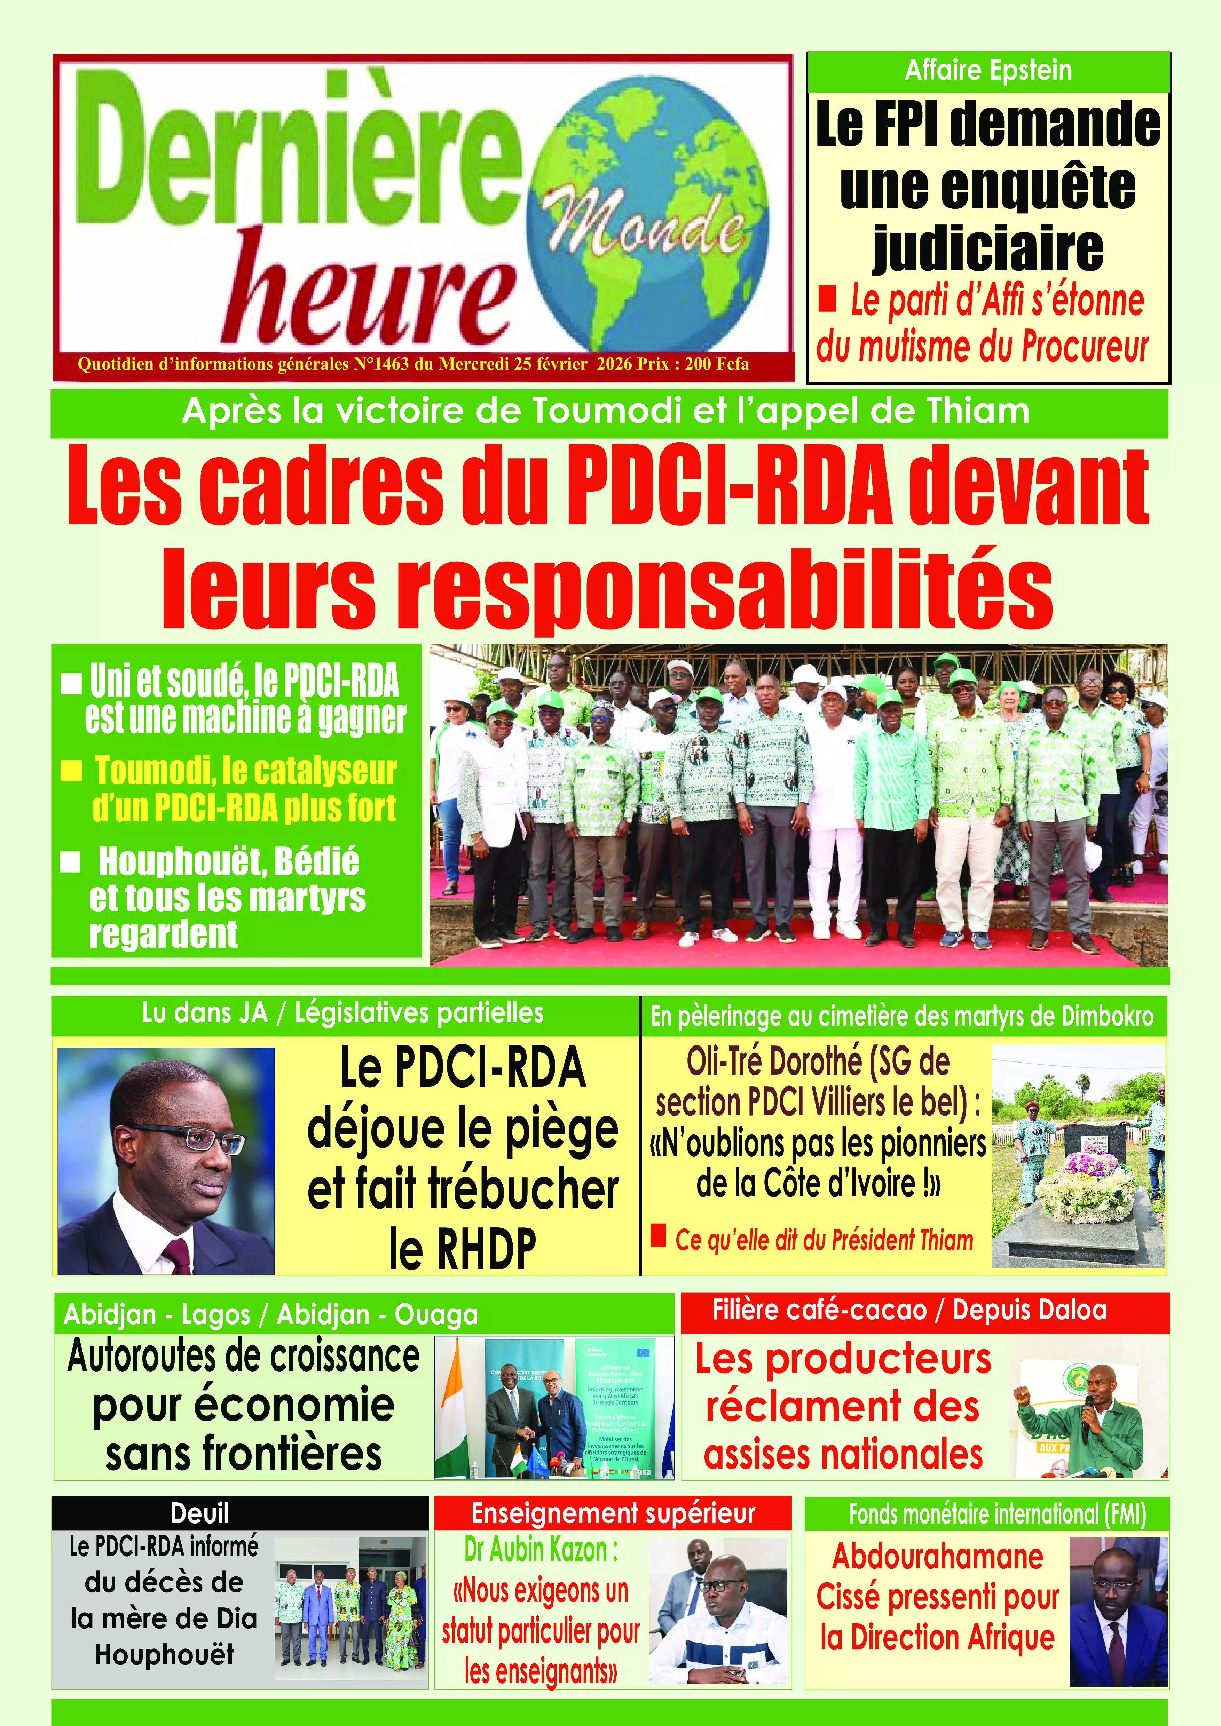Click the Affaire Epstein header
tap(988, 71)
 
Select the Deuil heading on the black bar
tap(200, 1513)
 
